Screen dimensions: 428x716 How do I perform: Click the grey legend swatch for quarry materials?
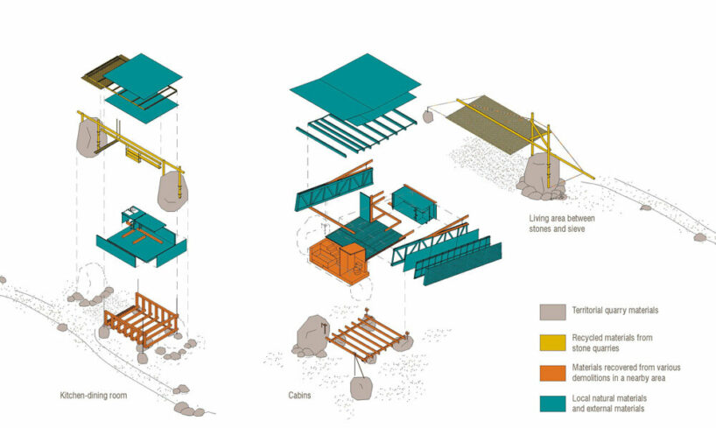[553, 311]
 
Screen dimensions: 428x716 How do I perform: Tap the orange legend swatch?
[553, 371]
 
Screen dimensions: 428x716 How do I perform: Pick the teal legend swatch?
[553, 403]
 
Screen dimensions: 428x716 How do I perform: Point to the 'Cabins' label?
[299, 395]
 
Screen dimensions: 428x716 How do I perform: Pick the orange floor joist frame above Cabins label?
[368, 337]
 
